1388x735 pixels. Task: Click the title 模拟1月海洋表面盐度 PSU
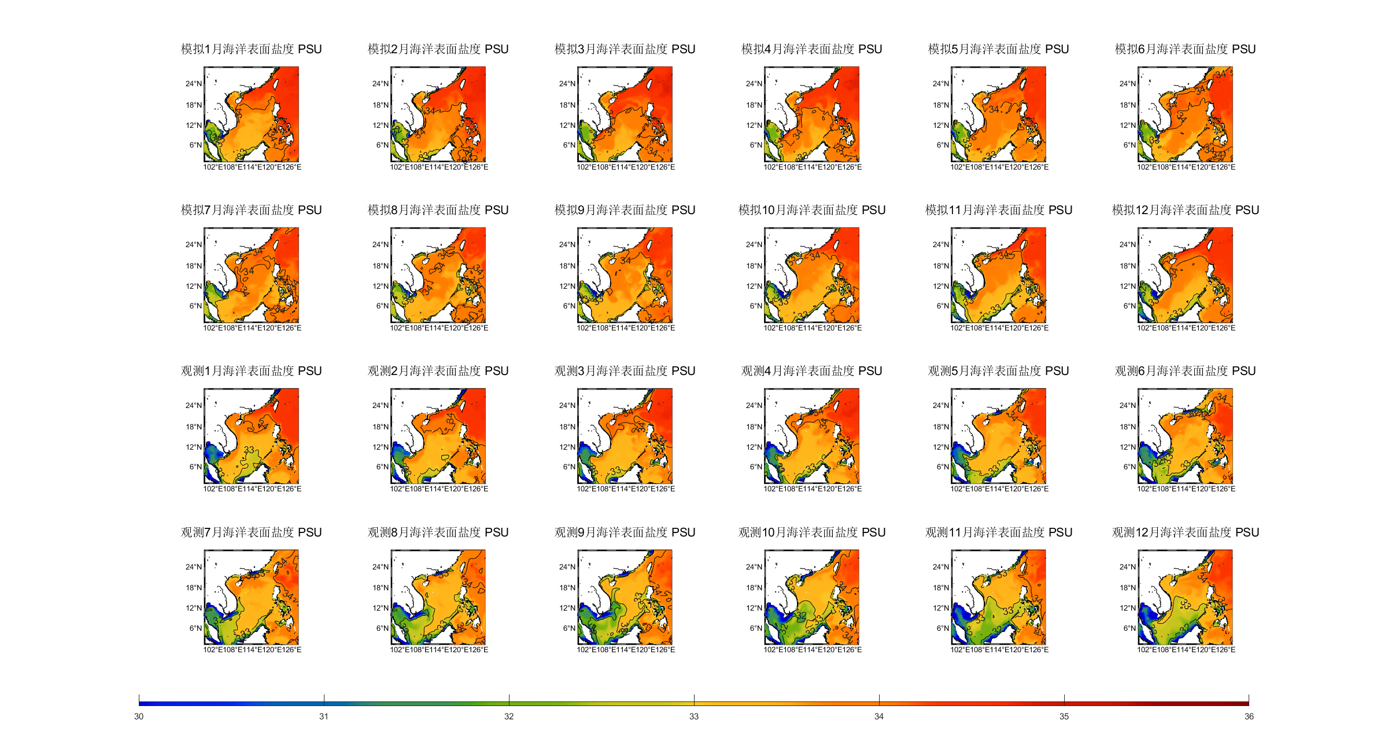(251, 49)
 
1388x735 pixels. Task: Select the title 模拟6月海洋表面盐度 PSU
(1185, 49)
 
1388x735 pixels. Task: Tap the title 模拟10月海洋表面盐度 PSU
(811, 210)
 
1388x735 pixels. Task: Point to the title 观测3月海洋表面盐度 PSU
(625, 371)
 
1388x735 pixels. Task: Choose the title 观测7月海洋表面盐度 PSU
(251, 532)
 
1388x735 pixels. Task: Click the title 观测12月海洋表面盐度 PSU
(1185, 532)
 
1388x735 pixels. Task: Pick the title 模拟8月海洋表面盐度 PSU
(438, 210)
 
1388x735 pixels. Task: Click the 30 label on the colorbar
(139, 716)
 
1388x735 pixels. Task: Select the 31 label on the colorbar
(324, 716)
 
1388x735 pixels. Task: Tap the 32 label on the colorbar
(509, 716)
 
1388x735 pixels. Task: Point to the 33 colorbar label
(694, 716)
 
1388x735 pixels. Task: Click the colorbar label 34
(879, 716)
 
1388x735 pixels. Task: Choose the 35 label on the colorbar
(1064, 716)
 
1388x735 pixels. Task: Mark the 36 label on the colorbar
(1249, 716)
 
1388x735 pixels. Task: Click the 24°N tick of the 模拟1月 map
(194, 84)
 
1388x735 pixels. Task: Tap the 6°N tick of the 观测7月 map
(195, 629)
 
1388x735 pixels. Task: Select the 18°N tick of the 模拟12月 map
(1128, 266)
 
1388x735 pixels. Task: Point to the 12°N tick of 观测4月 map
(754, 447)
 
